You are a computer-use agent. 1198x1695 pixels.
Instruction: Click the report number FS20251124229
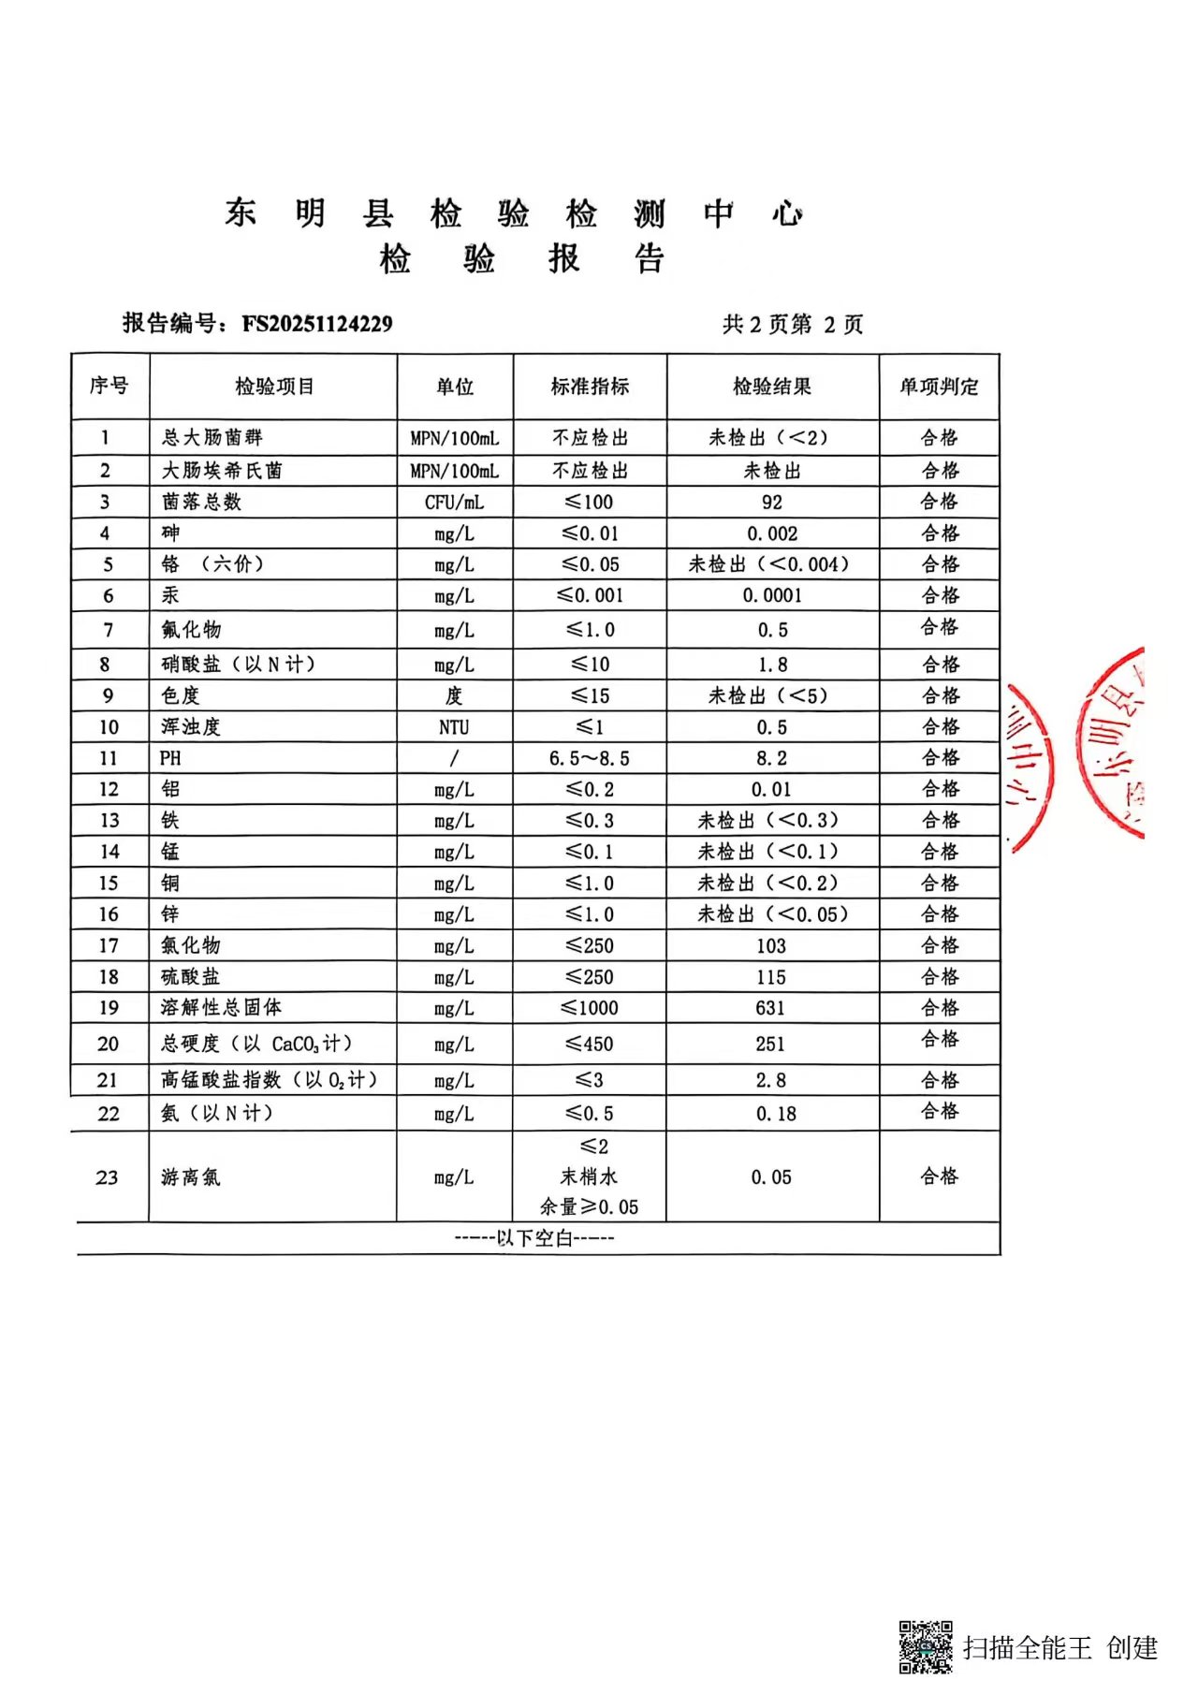(317, 324)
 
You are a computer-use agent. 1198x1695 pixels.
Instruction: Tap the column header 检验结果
(772, 386)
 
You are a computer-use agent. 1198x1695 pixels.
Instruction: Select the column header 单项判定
(939, 386)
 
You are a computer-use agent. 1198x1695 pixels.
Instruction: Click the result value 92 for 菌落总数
(772, 502)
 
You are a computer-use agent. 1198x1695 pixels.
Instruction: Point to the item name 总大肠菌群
(212, 437)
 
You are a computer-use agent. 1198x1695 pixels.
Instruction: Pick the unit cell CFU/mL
(455, 502)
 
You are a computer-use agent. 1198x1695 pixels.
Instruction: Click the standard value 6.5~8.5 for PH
(590, 758)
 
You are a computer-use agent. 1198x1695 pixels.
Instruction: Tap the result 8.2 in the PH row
(772, 758)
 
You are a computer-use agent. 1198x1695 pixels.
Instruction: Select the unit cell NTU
(455, 727)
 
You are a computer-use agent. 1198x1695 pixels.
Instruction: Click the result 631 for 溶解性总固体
(771, 1008)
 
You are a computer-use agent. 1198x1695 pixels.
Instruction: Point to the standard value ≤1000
(590, 1008)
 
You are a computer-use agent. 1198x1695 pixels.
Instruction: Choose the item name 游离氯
(191, 1177)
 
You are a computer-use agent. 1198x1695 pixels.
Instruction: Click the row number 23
(108, 1177)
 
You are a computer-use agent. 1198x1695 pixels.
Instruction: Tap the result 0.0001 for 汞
(772, 595)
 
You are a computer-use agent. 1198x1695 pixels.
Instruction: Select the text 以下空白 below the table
(534, 1238)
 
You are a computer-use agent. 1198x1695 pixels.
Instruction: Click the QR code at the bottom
(926, 1646)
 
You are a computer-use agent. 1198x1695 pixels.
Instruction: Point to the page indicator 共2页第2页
(793, 324)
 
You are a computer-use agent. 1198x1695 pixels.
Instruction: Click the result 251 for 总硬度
(771, 1044)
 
